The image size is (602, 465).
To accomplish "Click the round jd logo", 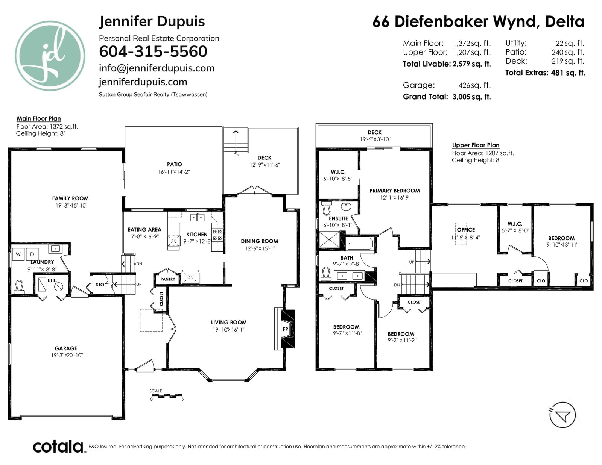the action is [x=50, y=56].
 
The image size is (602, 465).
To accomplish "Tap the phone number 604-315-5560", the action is [x=153, y=51].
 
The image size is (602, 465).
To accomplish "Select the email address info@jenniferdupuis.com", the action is [x=157, y=68].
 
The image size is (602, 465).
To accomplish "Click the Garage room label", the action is [x=66, y=348].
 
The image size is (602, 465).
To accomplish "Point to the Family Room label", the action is [x=70, y=198].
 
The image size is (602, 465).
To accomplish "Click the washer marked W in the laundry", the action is [x=18, y=254].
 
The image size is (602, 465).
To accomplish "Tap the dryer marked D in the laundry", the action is [x=32, y=254].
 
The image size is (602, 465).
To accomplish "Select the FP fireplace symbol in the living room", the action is [x=285, y=329].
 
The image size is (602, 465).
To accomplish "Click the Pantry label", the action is [x=167, y=279].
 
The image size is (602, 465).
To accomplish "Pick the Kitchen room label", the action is [x=197, y=235].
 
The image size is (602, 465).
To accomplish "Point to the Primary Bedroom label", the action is [x=395, y=191].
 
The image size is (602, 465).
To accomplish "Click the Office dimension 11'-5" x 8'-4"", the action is [x=465, y=238].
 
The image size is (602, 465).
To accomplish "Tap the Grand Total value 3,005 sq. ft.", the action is [x=471, y=97].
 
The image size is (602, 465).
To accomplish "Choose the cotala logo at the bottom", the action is [x=58, y=447].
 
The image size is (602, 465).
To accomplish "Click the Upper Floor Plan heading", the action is [x=476, y=145].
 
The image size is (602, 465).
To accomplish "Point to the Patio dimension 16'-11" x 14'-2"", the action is [x=174, y=172].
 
